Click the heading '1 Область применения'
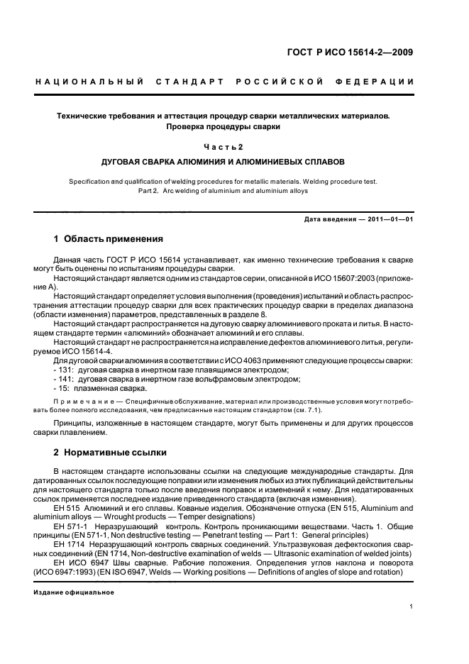tap(109, 239)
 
